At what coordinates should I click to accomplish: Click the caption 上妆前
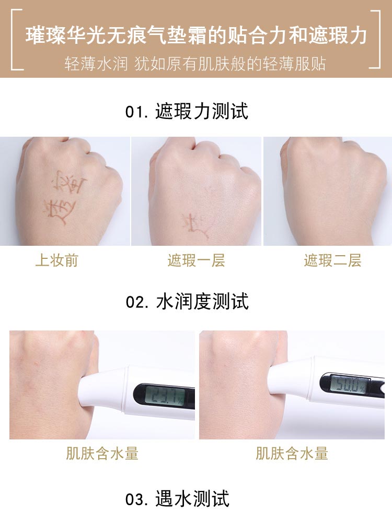56,260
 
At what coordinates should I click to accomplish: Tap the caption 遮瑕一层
196,260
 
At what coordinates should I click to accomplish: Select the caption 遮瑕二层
332,260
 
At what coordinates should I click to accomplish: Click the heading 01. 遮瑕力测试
187,112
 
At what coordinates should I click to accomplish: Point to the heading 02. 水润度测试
187,302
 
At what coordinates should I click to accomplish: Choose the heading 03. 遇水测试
177,499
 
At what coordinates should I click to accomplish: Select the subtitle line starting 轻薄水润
195,64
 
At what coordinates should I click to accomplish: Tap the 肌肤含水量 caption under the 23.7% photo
102,454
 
